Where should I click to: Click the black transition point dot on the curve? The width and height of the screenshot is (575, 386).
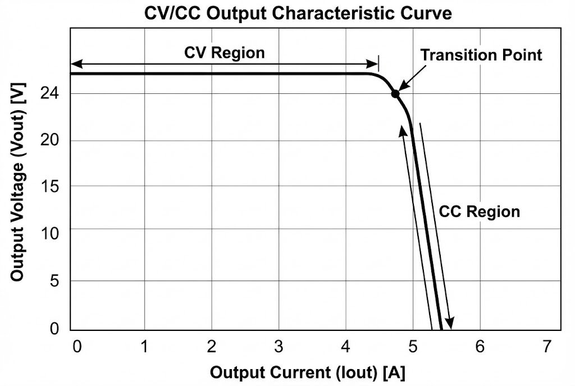395,94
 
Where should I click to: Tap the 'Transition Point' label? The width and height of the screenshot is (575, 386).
481,55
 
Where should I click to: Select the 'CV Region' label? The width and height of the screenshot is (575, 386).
225,53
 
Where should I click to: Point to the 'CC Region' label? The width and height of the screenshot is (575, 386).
479,212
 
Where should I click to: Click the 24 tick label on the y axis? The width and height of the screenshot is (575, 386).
50,94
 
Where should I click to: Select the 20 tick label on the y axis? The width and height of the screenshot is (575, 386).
50,140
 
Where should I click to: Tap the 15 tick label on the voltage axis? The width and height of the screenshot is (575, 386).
50,186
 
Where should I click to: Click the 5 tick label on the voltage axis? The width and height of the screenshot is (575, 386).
54,280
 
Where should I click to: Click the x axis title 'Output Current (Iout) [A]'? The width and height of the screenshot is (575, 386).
308,372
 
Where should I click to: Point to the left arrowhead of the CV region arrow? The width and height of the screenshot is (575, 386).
75,62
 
